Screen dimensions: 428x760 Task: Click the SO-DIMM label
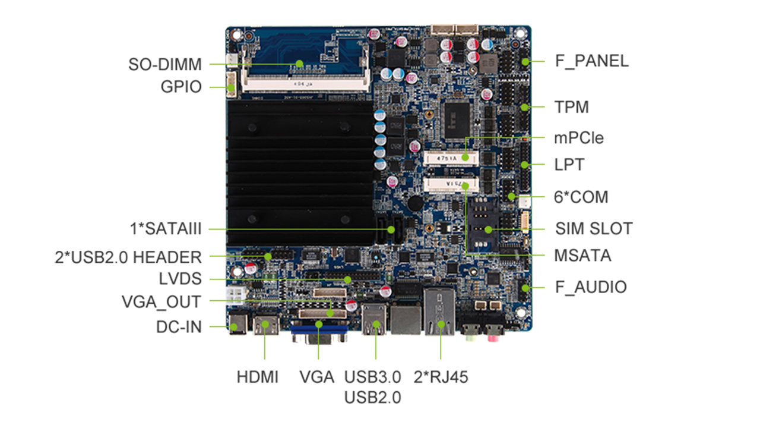165,64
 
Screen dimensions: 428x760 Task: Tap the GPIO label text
181,87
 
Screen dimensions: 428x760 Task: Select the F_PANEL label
591,61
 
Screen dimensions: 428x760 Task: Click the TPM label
571,108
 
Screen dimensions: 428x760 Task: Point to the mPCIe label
578,138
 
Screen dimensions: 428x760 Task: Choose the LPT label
569,165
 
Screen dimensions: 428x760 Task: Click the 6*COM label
581,197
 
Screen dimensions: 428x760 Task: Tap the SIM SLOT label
594,228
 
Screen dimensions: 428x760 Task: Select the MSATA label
582,256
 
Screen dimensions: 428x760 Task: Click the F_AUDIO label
591,287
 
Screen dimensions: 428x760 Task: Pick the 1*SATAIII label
166,229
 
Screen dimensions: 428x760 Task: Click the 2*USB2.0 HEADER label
128,257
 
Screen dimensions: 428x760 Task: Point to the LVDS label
180,279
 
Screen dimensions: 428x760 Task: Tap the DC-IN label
179,326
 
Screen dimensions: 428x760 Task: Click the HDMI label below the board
257,377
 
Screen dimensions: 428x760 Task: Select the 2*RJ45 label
441,377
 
